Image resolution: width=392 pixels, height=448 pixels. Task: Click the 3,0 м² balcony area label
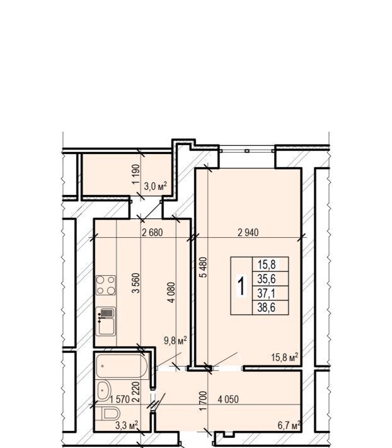[155, 187]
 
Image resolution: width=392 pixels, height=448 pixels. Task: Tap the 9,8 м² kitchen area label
[175, 340]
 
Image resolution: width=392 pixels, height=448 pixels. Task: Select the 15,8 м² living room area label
[284, 357]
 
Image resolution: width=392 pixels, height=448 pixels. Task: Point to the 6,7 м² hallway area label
[289, 425]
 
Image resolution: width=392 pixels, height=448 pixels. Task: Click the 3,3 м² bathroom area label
[127, 425]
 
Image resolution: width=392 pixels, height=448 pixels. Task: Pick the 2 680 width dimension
[153, 233]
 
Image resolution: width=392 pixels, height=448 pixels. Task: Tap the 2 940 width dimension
[248, 233]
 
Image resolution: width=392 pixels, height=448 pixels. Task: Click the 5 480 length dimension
[204, 267]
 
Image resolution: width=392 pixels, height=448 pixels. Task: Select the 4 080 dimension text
[171, 292]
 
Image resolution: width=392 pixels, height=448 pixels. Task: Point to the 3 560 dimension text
[136, 283]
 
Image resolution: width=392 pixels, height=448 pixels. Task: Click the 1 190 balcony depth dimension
[136, 174]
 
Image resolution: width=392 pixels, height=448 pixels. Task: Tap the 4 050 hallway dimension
[228, 399]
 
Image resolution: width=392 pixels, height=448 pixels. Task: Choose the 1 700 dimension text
[202, 401]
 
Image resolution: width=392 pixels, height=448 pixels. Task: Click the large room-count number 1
[241, 286]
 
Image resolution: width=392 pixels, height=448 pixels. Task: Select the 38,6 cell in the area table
[266, 308]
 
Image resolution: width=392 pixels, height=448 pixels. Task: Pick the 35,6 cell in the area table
[267, 278]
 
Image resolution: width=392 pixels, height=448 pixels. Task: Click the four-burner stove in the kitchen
[106, 285]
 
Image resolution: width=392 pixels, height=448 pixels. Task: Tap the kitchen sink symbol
[106, 321]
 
